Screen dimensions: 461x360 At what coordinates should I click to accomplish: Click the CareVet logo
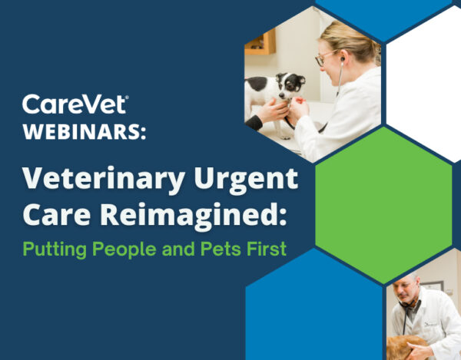tap(75, 104)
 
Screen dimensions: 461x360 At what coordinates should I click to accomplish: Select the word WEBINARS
tap(85, 132)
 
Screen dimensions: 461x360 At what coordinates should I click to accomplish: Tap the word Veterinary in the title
tap(104, 179)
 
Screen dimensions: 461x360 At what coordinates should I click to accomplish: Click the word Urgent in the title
tap(247, 179)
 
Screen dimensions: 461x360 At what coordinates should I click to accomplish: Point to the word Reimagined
tap(193, 215)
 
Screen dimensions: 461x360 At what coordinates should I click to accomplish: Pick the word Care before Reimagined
tap(57, 215)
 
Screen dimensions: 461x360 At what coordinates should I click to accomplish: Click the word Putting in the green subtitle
tap(55, 249)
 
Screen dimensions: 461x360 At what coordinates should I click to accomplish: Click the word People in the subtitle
tap(124, 249)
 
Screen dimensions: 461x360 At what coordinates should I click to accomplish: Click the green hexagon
tap(383, 205)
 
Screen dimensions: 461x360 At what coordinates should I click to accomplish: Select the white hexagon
tap(423, 84)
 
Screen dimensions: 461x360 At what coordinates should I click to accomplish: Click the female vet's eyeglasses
tap(323, 58)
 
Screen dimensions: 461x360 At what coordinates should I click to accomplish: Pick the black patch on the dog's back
tap(257, 84)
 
